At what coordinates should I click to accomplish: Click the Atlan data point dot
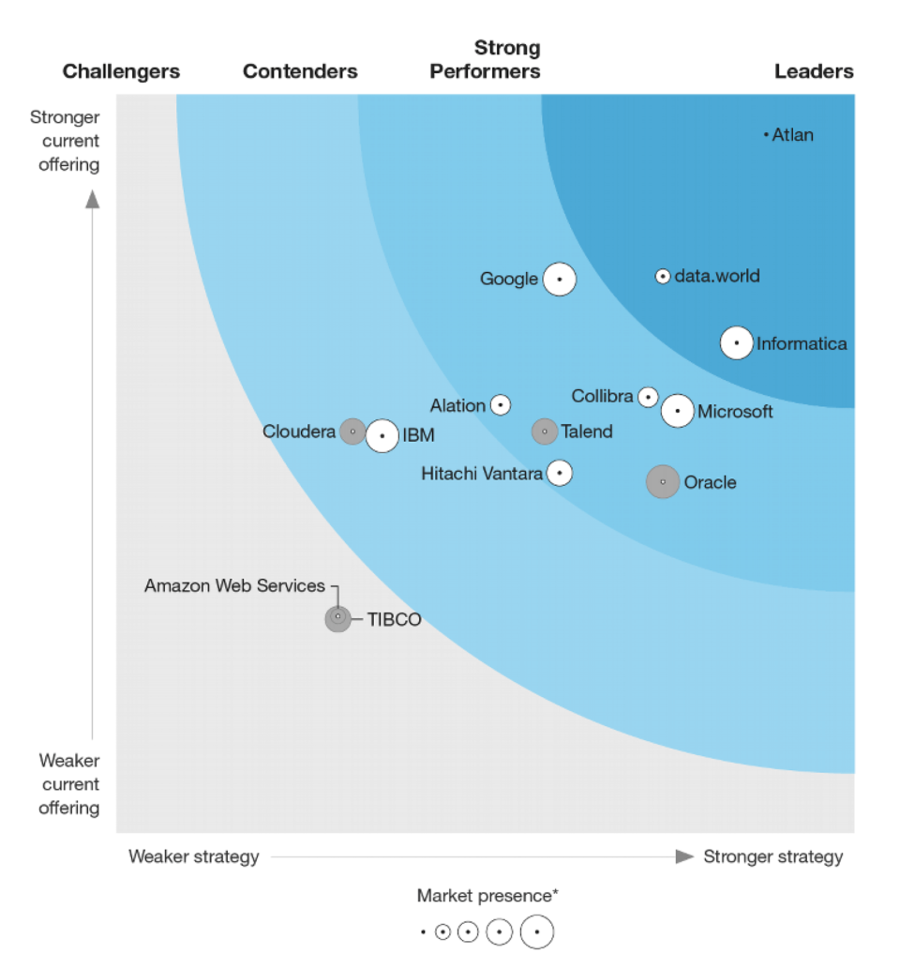pos(766,135)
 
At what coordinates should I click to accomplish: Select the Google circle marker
pos(560,279)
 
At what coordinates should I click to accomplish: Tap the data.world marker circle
pos(663,277)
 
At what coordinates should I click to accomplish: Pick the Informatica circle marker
pos(737,343)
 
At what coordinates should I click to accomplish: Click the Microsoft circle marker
pos(678,411)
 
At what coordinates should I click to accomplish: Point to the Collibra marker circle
pos(648,397)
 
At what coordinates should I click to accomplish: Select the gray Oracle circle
pos(663,482)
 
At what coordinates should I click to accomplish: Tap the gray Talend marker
pos(545,432)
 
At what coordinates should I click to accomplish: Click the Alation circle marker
pos(501,405)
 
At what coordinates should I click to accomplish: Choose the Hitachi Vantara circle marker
pos(560,473)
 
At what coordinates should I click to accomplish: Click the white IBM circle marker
pos(382,436)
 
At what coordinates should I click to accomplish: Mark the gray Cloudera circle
pos(352,432)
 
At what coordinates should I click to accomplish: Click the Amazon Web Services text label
pos(234,585)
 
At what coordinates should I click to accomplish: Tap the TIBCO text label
pos(394,620)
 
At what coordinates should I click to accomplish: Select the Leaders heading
pos(814,71)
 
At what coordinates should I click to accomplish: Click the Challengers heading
pos(121,71)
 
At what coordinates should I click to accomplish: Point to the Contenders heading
pos(300,71)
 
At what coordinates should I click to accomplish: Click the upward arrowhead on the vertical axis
pos(92,198)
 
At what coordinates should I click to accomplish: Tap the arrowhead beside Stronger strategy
pos(685,856)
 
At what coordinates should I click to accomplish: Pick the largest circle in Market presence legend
pos(537,932)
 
